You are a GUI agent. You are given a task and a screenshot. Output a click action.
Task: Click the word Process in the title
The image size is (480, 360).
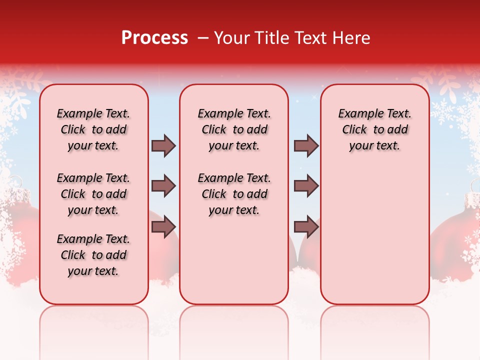point(154,38)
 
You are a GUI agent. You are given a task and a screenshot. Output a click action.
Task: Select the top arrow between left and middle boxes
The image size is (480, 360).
point(163,145)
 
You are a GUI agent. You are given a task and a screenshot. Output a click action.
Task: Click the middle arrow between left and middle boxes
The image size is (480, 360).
point(163,186)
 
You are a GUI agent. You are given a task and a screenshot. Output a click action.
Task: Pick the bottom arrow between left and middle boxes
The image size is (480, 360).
point(163,227)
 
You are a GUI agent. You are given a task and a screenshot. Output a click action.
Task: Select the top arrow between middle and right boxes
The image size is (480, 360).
point(306,145)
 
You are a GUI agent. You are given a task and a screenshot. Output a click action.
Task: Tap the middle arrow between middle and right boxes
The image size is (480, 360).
point(306,186)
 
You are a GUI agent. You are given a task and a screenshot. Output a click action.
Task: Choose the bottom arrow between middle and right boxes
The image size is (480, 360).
point(306,227)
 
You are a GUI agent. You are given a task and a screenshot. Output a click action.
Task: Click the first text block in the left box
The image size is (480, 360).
point(93,129)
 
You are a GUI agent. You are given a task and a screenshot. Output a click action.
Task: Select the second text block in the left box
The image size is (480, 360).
point(93,194)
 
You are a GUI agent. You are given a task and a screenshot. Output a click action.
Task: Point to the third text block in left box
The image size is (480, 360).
point(93,255)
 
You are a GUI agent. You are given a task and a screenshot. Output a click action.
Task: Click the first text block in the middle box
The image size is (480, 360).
point(234,129)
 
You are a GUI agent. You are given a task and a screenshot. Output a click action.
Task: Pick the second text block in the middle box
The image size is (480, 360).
point(234,194)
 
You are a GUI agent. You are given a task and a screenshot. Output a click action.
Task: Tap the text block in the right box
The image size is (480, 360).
point(375,129)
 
